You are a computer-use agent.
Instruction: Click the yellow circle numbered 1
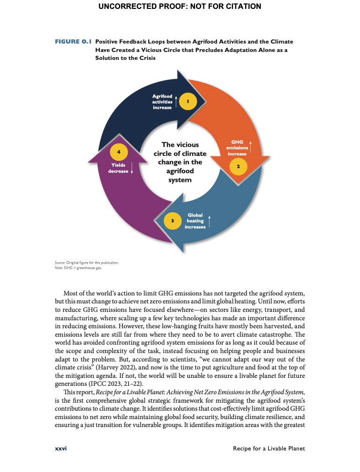click(187, 101)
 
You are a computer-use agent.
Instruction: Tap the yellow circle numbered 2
click(238, 166)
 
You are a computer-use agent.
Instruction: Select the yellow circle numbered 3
click(172, 220)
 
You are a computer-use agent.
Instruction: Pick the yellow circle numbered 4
click(119, 152)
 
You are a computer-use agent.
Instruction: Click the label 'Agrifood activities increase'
click(162, 102)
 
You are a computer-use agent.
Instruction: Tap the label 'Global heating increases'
click(195, 221)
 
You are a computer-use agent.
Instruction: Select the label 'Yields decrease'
click(118, 168)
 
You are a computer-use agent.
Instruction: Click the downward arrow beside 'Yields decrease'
click(132, 168)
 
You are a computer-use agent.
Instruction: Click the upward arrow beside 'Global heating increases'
click(210, 221)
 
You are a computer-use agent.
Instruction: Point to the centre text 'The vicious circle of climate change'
click(180, 162)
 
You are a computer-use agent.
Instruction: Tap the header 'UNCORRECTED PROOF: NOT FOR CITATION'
click(180, 7)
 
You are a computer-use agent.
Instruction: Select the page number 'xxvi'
click(60, 448)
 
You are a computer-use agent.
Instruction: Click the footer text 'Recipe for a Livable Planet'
click(269, 448)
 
